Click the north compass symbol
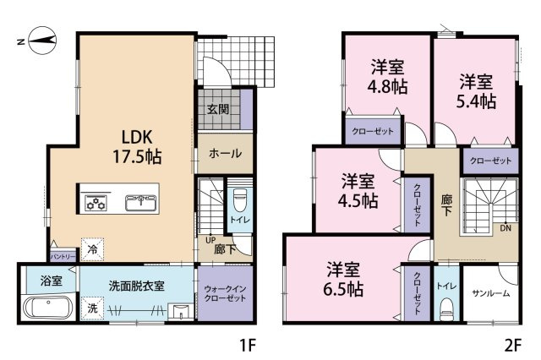41,41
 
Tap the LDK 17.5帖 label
137,147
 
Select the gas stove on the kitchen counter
96,203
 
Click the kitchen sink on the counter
141,203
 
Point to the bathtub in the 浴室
48,308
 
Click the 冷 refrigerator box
92,249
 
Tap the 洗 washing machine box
92,308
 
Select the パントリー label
63,257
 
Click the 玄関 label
218,109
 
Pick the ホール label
225,153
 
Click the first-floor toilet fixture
238,200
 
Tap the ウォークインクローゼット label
225,293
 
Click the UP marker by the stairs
210,240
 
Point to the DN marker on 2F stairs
505,228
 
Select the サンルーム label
490,293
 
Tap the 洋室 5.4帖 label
476,91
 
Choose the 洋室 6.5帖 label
343,280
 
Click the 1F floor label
247,345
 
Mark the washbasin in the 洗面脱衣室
180,311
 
